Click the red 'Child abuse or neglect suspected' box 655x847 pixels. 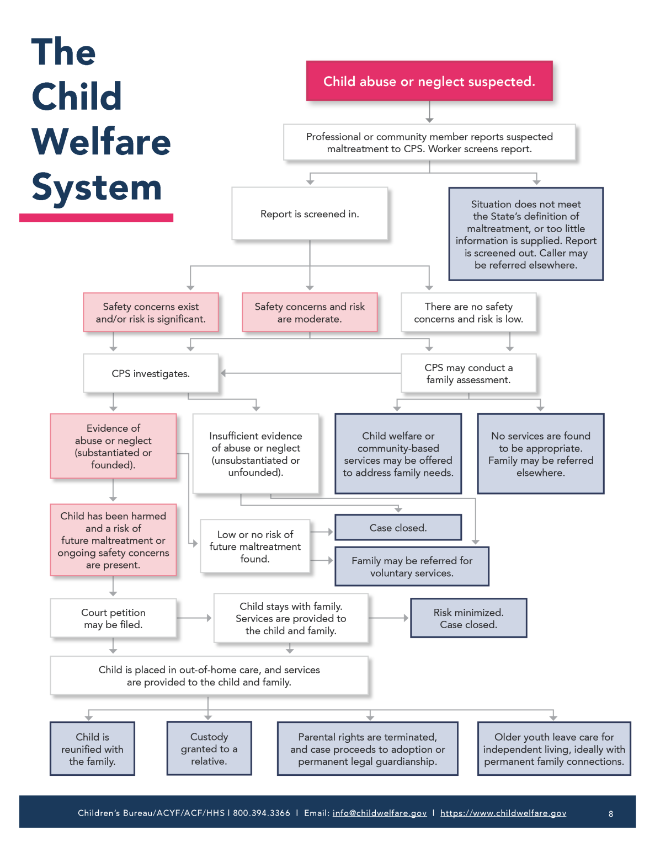(x=429, y=81)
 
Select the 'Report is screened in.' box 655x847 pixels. (x=310, y=214)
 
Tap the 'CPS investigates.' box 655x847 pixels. (x=151, y=373)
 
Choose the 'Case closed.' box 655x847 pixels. (x=398, y=528)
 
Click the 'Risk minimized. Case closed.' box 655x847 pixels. (x=468, y=618)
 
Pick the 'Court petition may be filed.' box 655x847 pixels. (x=113, y=618)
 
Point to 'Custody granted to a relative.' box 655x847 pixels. (x=209, y=749)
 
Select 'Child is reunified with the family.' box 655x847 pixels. (x=92, y=749)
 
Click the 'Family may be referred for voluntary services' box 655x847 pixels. (x=412, y=566)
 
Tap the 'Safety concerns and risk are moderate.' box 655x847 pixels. (x=310, y=313)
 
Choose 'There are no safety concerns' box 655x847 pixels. (x=468, y=313)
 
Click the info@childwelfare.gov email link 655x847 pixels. (x=380, y=813)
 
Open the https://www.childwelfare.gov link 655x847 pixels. (x=503, y=813)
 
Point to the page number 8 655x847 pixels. (x=611, y=814)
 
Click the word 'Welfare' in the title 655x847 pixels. (x=102, y=142)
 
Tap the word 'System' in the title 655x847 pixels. (x=97, y=187)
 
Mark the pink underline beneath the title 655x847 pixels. (x=96, y=218)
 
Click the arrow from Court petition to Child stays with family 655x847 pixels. (x=194, y=618)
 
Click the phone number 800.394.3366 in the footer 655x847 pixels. (x=262, y=813)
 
